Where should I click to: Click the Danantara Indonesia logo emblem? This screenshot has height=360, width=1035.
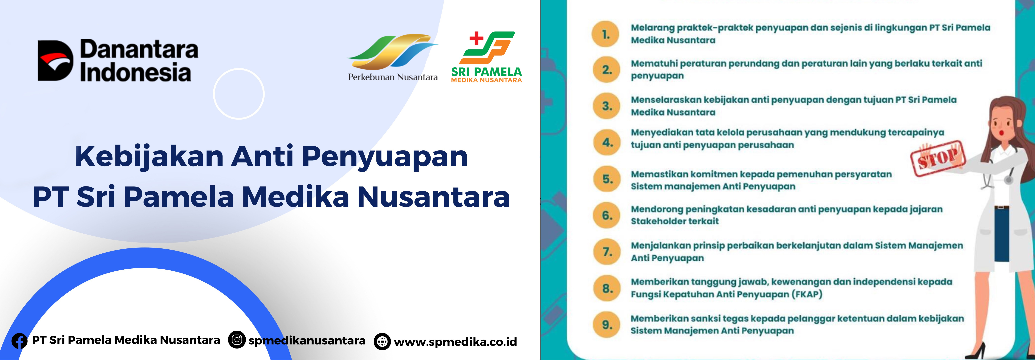click(55, 60)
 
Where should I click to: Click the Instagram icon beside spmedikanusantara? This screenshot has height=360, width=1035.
click(237, 340)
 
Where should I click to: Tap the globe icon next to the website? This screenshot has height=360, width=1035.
click(382, 342)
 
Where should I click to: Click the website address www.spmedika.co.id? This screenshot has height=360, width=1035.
click(455, 342)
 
